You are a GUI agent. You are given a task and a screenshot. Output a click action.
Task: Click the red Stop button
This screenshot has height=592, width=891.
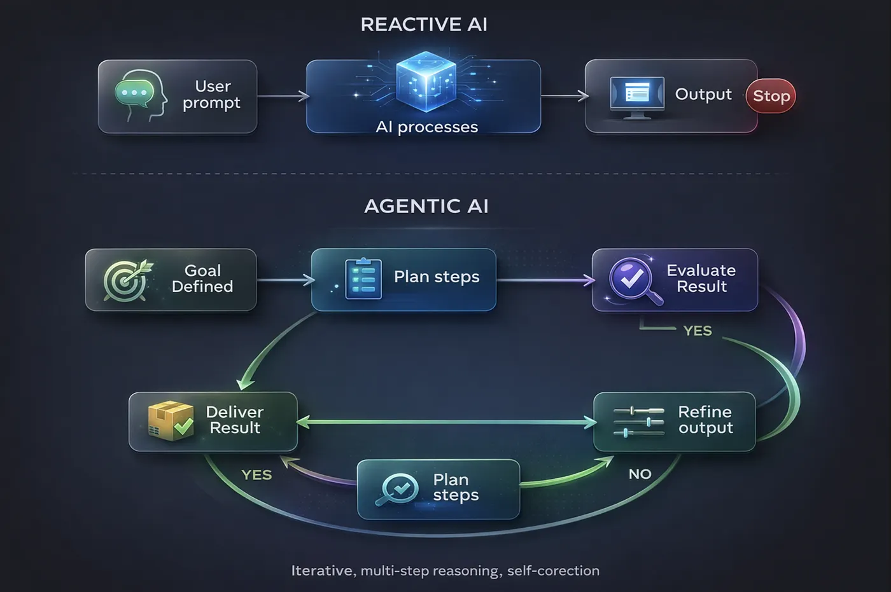pyautogui.click(x=771, y=96)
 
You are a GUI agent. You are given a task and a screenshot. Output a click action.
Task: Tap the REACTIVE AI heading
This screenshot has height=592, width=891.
pyautogui.click(x=424, y=25)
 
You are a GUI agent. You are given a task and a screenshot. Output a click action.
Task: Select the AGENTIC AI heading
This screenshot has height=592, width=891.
pyautogui.click(x=426, y=206)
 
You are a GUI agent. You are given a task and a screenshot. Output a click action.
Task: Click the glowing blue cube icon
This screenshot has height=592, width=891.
pyautogui.click(x=425, y=81)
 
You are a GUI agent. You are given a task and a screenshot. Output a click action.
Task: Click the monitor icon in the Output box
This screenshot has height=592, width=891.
pyautogui.click(x=637, y=95)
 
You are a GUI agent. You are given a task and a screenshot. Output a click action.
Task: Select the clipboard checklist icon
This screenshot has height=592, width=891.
pyautogui.click(x=363, y=279)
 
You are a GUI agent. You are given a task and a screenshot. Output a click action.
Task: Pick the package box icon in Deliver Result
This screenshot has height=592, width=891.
pyautogui.click(x=170, y=421)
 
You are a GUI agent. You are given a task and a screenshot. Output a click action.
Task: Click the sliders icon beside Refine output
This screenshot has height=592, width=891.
pyautogui.click(x=638, y=422)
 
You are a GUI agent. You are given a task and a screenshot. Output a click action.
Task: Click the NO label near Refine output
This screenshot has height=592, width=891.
pyautogui.click(x=640, y=474)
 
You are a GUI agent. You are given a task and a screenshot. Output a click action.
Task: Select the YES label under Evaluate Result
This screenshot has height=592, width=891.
pyautogui.click(x=698, y=331)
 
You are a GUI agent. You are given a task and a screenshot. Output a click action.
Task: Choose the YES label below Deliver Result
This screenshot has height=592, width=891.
pyautogui.click(x=256, y=475)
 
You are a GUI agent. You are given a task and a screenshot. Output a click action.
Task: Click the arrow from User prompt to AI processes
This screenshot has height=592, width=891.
pyautogui.click(x=283, y=97)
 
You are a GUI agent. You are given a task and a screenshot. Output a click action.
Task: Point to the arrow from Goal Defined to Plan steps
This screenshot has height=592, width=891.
pyautogui.click(x=285, y=280)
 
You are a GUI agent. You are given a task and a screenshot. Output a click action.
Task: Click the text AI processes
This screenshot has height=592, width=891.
pyautogui.click(x=426, y=127)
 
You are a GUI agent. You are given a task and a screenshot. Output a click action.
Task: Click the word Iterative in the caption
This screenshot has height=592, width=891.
pyautogui.click(x=322, y=571)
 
